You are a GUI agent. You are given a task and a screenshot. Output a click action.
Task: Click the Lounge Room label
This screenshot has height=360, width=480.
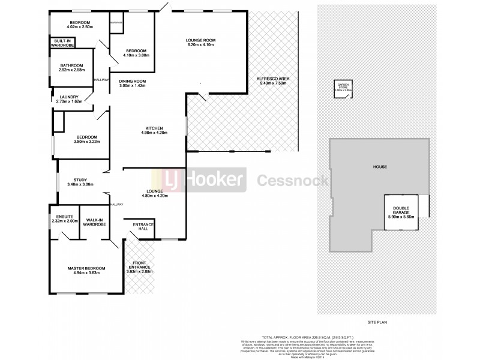201,40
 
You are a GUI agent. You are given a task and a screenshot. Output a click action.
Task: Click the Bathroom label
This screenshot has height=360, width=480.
71,65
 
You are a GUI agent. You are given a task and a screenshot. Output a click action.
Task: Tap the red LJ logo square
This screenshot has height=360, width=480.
174,179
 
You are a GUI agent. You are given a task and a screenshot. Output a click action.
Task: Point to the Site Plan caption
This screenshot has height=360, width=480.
378,323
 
